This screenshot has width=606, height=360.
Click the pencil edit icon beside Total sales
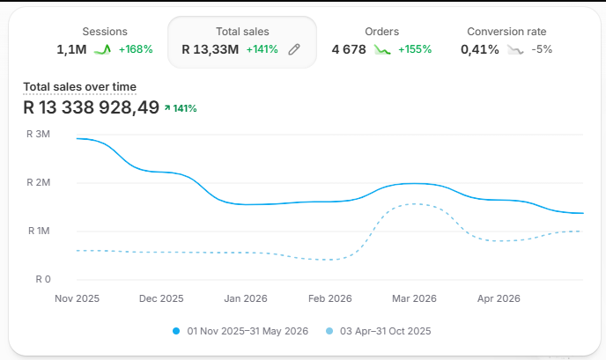294,49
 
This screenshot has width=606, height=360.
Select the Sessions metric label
105,32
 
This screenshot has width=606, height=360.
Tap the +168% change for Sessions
136,49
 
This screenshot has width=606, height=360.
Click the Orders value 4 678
349,49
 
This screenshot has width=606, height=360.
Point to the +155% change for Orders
415,49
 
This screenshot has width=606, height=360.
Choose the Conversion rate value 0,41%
480,49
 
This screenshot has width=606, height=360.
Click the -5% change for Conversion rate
542,49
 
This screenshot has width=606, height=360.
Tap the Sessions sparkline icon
102,49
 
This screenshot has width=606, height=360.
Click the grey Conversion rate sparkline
515,49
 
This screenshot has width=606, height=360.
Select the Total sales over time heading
79,87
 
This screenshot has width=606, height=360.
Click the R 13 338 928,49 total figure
92,107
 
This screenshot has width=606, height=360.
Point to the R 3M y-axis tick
38,134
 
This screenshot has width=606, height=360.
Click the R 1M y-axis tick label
39,231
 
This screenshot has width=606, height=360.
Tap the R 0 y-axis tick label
43,279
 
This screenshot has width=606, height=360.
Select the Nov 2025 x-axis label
77,298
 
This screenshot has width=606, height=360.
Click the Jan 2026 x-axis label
246,298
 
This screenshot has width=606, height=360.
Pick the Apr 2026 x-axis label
499,298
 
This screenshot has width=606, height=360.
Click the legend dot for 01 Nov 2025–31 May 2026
176,331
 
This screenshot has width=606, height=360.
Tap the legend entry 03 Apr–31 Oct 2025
378,331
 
